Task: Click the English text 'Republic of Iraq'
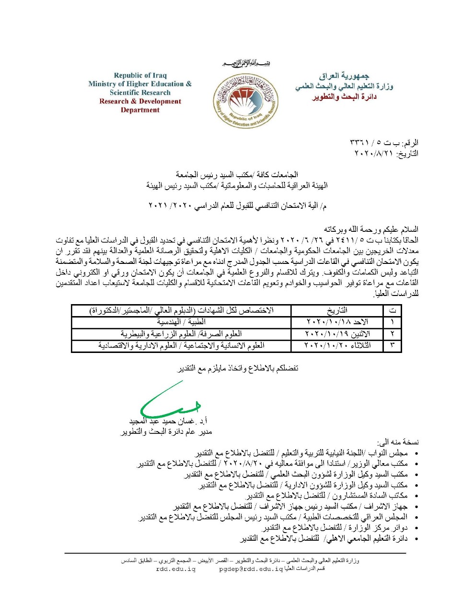point(140,75)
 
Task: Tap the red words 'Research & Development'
point(140,101)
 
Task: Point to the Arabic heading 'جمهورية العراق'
point(344,76)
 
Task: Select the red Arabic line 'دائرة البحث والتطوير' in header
point(344,97)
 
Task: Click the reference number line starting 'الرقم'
point(384,143)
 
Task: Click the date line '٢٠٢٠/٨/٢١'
point(386,153)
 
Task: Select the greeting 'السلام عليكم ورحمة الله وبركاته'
point(371,229)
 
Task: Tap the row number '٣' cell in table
point(393,345)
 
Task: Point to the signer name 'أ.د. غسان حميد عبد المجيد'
point(170,421)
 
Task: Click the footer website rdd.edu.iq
point(176,569)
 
